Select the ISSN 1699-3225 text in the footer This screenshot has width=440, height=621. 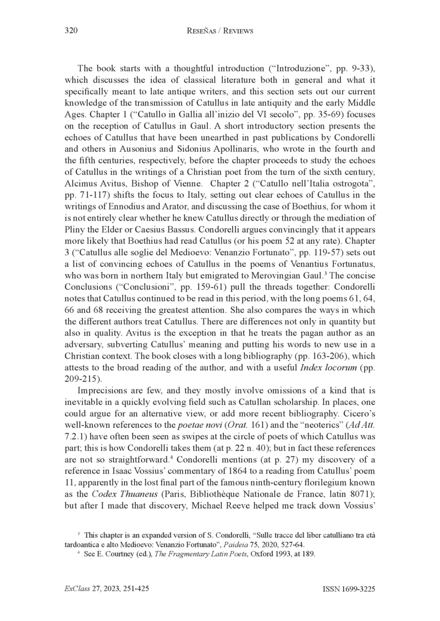coord(348,589)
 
